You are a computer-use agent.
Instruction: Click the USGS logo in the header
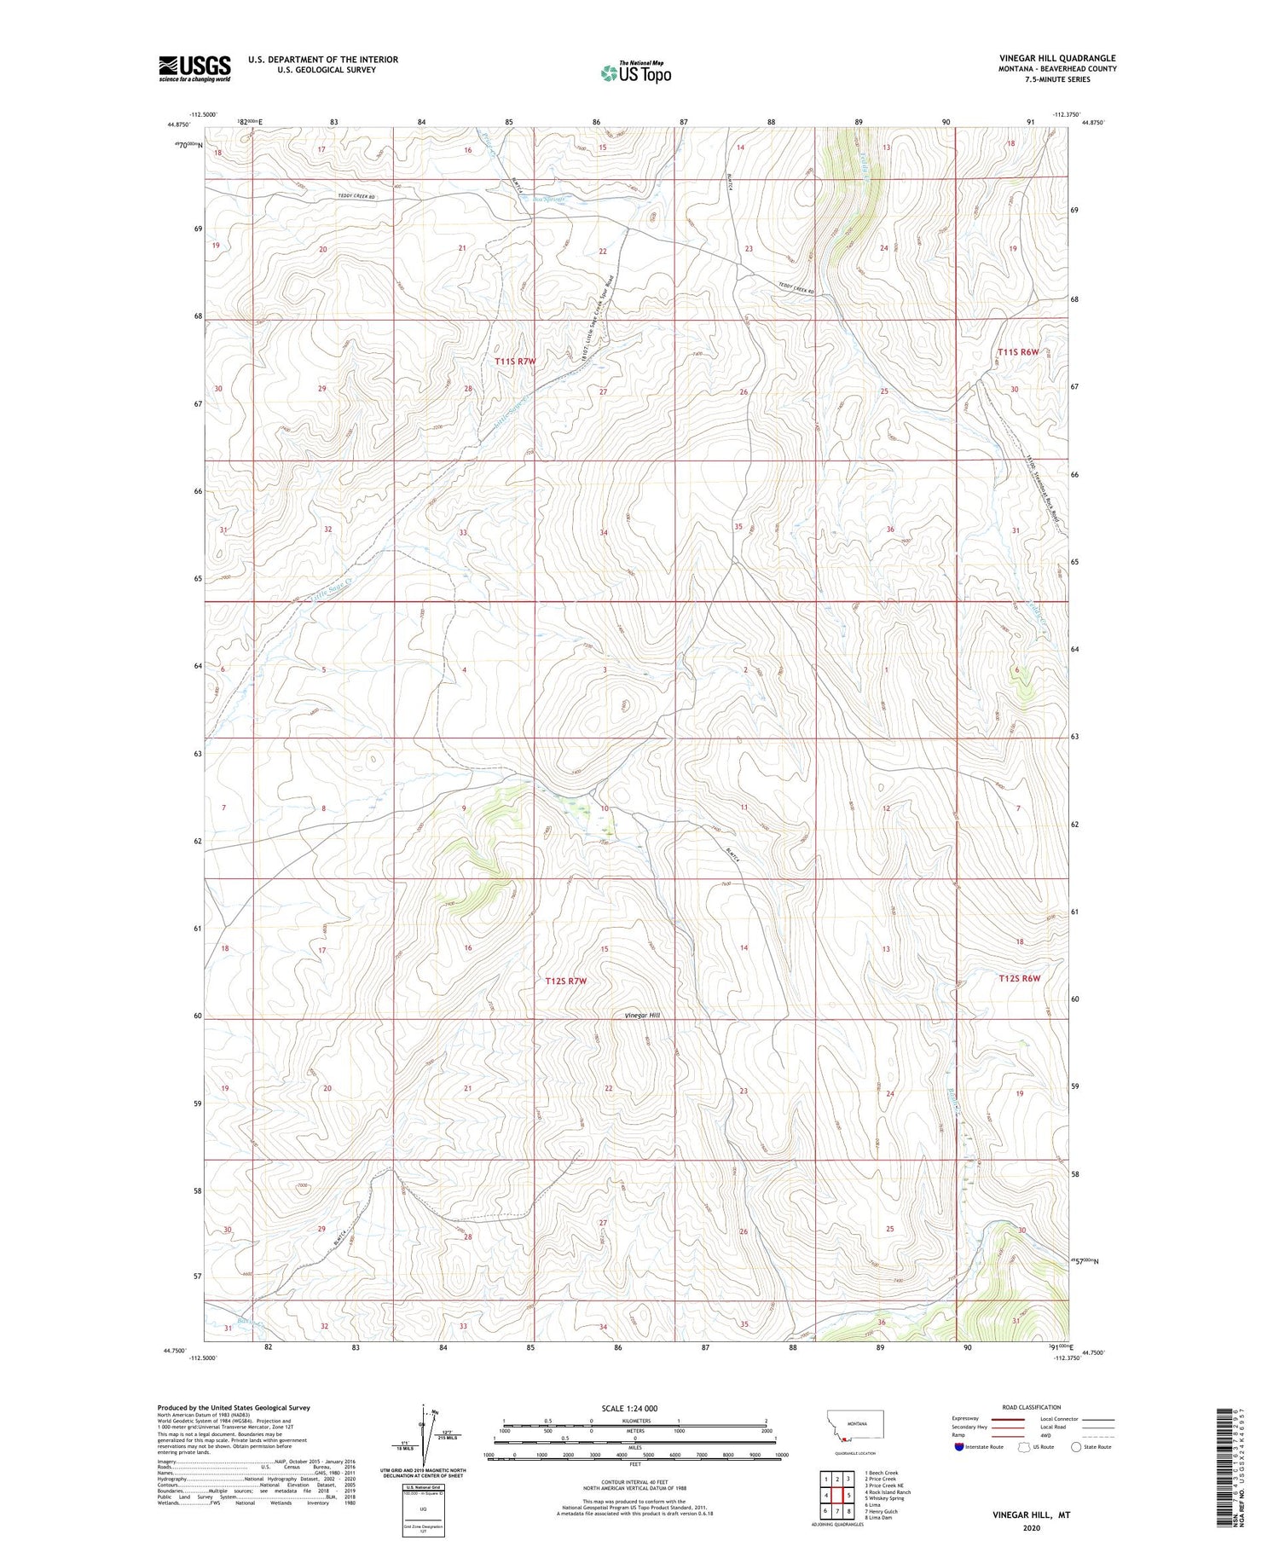pyautogui.click(x=194, y=68)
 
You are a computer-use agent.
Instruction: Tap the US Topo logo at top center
pyautogui.click(x=635, y=72)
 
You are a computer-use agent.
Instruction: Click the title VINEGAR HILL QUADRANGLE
pyautogui.click(x=1057, y=58)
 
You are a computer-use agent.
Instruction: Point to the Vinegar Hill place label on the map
pyautogui.click(x=642, y=1015)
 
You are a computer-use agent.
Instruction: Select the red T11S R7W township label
pyautogui.click(x=516, y=362)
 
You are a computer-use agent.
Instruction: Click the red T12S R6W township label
pyautogui.click(x=1020, y=978)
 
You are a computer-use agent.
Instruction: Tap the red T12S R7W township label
pyautogui.click(x=566, y=981)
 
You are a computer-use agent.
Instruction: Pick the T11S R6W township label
pyautogui.click(x=1019, y=352)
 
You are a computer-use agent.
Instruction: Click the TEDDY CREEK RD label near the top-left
pyautogui.click(x=356, y=197)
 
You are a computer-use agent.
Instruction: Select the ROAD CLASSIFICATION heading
pyautogui.click(x=1032, y=1407)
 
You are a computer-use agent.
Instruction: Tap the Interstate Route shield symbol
pyautogui.click(x=959, y=1447)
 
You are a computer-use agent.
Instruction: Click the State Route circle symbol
pyautogui.click(x=1076, y=1446)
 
